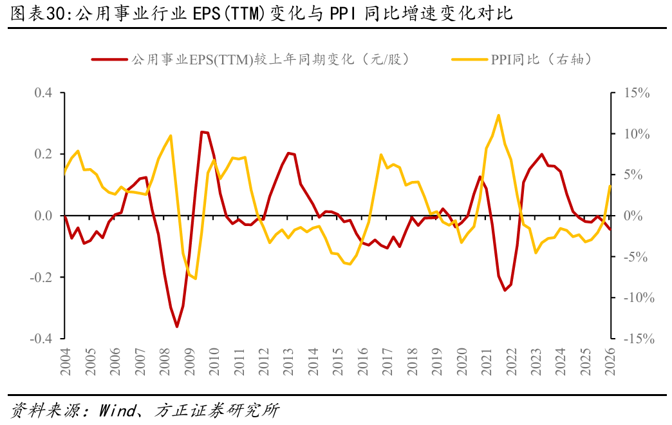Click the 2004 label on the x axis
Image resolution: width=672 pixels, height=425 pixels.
pyautogui.click(x=65, y=361)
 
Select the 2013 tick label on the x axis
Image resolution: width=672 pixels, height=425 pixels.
pyautogui.click(x=288, y=361)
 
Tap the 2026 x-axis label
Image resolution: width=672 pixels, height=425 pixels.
pyautogui.click(x=610, y=361)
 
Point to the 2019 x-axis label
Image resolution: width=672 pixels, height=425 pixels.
pyautogui.click(x=436, y=361)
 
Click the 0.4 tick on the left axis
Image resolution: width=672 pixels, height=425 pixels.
pyautogui.click(x=43, y=93)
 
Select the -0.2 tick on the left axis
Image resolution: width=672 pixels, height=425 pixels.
pyautogui.click(x=41, y=277)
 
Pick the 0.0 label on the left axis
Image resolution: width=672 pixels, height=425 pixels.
pyautogui.click(x=43, y=216)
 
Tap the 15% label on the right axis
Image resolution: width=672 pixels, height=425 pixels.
pyautogui.click(x=637, y=93)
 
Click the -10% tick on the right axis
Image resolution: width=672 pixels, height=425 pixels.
pyautogui.click(x=639, y=297)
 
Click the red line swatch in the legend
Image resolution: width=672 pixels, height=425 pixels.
pyautogui.click(x=109, y=60)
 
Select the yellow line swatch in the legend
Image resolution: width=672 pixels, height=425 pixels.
pyautogui.click(x=470, y=60)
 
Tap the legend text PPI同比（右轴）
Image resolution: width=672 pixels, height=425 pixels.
pyautogui.click(x=542, y=59)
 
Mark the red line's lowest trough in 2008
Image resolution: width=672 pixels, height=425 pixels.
pyautogui.click(x=176, y=326)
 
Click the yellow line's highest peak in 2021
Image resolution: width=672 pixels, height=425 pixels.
pyautogui.click(x=498, y=115)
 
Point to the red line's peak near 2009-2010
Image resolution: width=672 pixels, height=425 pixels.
pyautogui.click(x=202, y=132)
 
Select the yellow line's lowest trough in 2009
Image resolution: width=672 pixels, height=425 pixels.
pyautogui.click(x=196, y=279)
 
